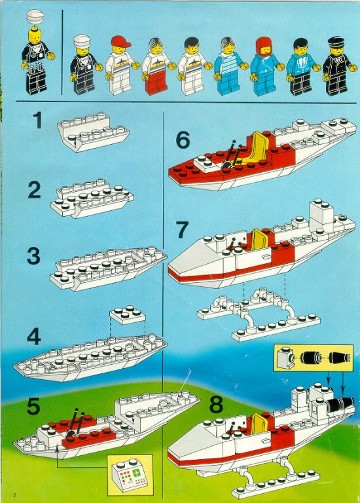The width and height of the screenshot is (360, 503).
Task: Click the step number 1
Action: coord(38,120)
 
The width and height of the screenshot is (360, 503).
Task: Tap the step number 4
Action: coord(34,337)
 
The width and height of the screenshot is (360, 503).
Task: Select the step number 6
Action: coord(183,140)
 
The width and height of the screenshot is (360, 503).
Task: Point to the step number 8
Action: coord(216,405)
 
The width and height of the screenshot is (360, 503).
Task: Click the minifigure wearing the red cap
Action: coord(120,65)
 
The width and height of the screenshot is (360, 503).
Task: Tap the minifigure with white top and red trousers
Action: coord(156,66)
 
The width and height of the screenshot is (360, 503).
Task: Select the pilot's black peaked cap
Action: coord(336,42)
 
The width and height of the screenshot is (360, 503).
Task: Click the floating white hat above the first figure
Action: coord(35,16)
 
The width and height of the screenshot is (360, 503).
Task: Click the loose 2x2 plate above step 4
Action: coord(128,314)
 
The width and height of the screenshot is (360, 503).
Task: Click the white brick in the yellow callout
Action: coord(285,358)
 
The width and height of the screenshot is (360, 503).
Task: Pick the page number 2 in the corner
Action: coord(14,494)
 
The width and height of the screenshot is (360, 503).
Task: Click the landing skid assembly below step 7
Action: coord(259,314)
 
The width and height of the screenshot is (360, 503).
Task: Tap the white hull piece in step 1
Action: coord(93,132)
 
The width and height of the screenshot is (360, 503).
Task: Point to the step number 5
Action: coord(33,406)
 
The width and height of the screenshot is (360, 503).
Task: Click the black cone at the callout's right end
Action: coord(340,358)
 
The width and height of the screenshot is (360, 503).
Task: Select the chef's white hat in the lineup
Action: coord(82,41)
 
